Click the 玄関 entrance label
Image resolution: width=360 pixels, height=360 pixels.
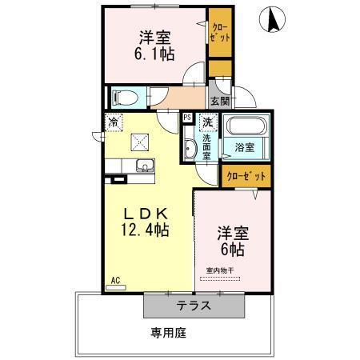220,101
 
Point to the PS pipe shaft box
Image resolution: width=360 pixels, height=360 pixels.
187,118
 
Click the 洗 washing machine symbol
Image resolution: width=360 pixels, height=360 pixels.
207,122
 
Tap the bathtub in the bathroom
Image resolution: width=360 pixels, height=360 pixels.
247,127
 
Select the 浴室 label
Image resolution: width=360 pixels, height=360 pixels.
245,147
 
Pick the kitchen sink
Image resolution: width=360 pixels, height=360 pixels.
145,166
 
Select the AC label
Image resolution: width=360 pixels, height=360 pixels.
114,280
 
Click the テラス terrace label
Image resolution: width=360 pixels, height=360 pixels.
194,305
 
